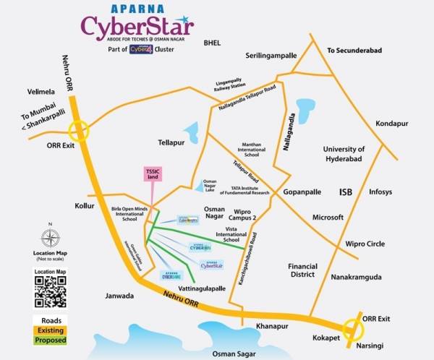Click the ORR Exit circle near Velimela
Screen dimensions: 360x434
click(78, 132)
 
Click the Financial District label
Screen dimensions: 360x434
click(302, 270)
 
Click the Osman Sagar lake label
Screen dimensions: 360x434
click(230, 353)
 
